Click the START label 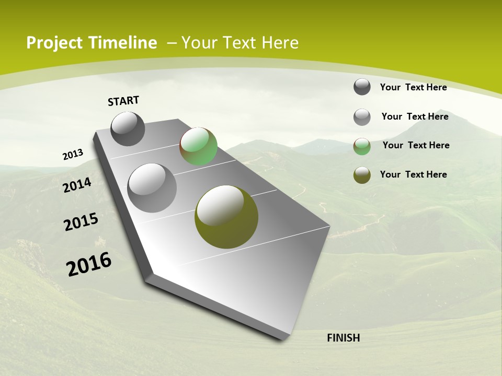123,101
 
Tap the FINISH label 344,338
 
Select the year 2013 73,155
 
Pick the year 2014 77,185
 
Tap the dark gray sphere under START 128,129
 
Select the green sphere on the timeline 199,146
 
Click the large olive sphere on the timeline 226,217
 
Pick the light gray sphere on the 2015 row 152,188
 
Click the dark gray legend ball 362,87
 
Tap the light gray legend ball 362,117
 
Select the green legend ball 362,146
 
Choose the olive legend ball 362,175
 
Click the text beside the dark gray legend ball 413,87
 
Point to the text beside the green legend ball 416,145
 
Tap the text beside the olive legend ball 413,174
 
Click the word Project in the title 54,43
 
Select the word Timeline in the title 123,43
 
